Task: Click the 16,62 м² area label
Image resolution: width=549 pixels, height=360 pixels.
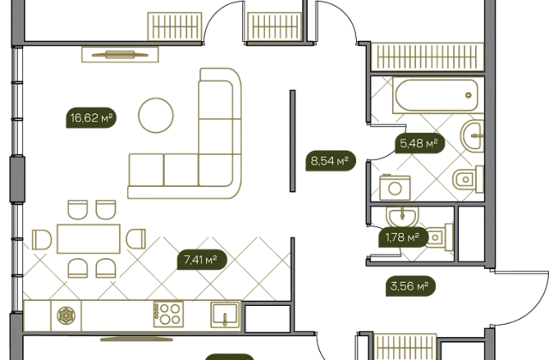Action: click(91, 117)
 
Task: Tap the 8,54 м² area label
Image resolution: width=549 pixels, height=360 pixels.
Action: click(330, 161)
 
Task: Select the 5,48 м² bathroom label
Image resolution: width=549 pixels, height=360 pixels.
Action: click(419, 143)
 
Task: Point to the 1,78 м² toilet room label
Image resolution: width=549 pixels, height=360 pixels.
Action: click(403, 237)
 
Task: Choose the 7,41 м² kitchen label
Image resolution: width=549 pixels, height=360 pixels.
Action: click(202, 260)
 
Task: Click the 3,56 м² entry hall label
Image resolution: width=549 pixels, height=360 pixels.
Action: click(410, 286)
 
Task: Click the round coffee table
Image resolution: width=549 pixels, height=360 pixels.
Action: click(156, 115)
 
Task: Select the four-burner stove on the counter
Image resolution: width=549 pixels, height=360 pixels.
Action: click(168, 315)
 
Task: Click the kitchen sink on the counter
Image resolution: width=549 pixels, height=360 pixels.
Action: click(226, 315)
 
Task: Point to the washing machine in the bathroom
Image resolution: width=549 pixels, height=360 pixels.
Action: click(395, 188)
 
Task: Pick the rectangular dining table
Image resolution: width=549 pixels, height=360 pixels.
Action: click(88, 239)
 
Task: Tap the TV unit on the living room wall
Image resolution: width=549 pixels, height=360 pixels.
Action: click(120, 55)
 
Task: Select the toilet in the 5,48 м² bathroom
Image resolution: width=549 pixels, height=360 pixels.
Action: click(468, 179)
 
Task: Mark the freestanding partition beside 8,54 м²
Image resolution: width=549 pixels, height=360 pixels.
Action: click(293, 141)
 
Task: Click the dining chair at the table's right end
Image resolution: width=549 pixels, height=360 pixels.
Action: click(136, 239)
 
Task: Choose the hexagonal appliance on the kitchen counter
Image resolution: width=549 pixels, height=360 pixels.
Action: click(66, 315)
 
